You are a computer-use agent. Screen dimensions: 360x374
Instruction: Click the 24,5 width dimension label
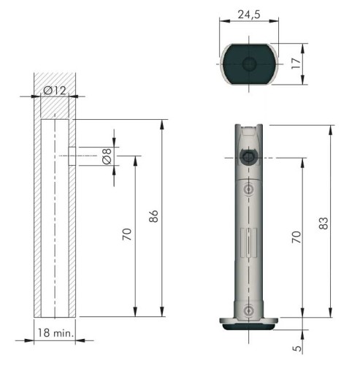pos(249,15)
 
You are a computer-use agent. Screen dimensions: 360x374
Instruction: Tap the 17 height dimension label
pos(296,64)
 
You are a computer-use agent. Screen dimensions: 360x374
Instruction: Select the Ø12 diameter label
pos(55,91)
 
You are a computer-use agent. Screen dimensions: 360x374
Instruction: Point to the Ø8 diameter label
pos(107,156)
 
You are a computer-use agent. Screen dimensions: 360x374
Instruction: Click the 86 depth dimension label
pos(153,216)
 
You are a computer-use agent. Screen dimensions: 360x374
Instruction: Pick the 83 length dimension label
pos(323,223)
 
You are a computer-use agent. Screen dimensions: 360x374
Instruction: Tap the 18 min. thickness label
pos(55,332)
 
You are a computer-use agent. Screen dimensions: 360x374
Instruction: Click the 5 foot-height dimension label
pos(297,348)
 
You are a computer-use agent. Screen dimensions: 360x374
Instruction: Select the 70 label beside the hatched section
pos(127,234)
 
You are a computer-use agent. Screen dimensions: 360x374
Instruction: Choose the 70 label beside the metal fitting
pos(296,237)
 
